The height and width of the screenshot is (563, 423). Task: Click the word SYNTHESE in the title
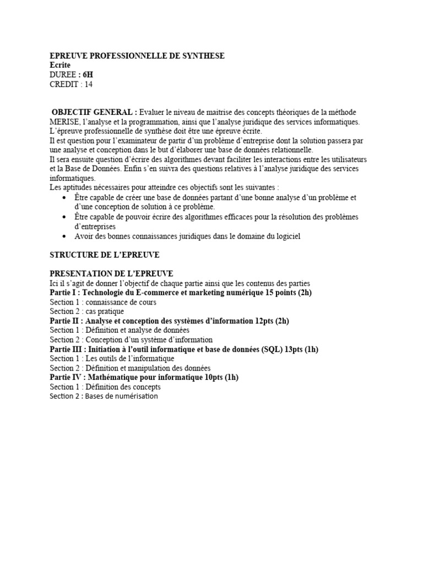click(202, 56)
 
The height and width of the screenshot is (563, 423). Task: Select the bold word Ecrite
click(61, 65)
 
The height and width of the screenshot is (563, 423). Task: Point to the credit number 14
click(88, 84)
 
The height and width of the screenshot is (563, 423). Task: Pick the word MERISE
click(64, 121)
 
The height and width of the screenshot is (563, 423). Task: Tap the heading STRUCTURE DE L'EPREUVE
click(104, 255)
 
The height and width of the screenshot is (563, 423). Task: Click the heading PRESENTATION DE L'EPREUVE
click(111, 273)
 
